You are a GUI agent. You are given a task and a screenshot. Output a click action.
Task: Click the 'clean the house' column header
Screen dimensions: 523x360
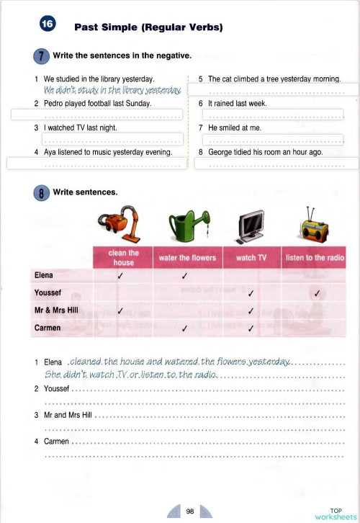coord(123,258)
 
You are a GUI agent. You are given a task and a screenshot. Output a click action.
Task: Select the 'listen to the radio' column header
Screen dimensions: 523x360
coord(315,258)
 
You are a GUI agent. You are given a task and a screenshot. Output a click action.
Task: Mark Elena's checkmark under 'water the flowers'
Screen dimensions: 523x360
coord(185,276)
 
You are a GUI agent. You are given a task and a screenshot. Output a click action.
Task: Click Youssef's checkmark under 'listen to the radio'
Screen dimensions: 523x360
coord(316,293)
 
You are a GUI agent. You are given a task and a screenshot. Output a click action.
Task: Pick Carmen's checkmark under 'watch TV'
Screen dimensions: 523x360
coord(251,328)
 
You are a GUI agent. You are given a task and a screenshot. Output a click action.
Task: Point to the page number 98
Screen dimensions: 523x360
coord(190,511)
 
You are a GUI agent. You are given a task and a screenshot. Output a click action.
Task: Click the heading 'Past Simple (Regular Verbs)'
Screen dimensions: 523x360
coord(148,28)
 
